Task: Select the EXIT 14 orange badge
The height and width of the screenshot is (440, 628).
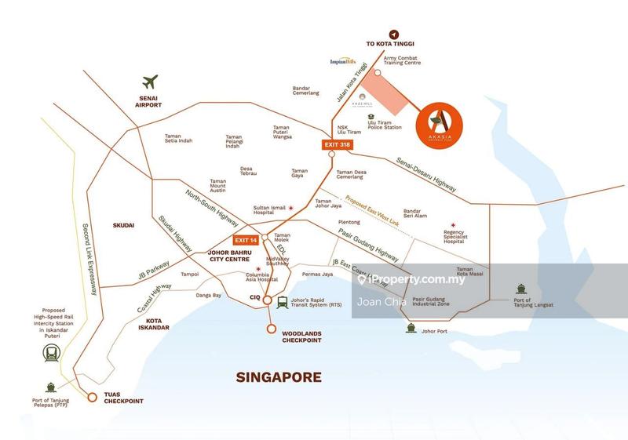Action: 246,239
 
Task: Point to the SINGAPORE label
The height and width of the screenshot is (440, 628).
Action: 279,377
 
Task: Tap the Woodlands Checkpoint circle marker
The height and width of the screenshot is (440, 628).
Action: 272,329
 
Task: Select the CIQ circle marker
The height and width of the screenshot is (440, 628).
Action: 267,300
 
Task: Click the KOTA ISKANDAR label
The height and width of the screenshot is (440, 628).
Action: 147,325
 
